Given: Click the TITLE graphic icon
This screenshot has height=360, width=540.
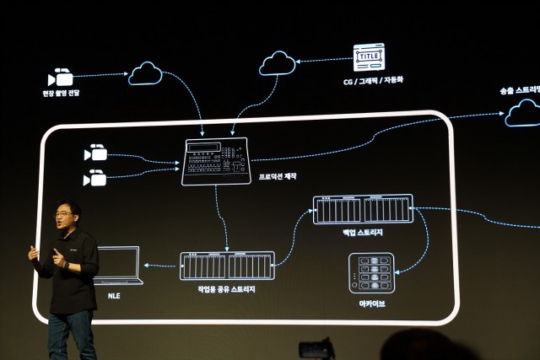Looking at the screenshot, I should click(368, 56).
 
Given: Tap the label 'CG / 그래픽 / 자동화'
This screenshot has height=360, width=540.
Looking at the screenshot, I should click(369, 82).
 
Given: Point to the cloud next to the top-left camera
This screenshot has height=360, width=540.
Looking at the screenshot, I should click(145, 73).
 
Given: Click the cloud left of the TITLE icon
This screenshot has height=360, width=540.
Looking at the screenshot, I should click(278, 62).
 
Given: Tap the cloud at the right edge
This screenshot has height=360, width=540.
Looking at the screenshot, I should click(523, 112).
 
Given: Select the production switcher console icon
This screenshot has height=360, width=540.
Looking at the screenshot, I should click(216, 161).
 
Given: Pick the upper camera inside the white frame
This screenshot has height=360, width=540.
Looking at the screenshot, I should click(95, 153).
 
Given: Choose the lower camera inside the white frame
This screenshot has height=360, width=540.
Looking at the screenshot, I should click(95, 178).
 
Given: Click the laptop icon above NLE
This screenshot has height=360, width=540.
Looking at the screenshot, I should click(117, 265).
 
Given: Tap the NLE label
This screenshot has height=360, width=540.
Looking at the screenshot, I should click(114, 297).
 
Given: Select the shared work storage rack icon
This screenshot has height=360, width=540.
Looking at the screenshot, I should click(227, 266).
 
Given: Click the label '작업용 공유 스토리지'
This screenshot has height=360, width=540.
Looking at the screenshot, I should click(227, 289).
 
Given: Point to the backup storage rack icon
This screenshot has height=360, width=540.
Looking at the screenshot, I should click(363, 209).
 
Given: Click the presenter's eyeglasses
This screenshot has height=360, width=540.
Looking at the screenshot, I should click(64, 214).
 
